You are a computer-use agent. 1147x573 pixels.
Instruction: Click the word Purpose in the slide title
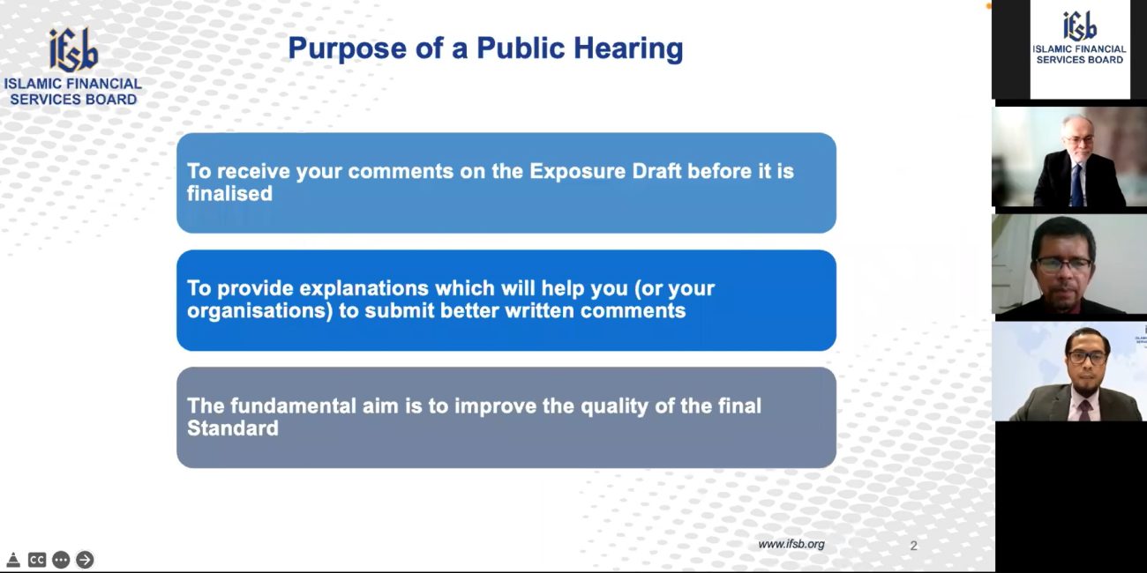click(x=348, y=49)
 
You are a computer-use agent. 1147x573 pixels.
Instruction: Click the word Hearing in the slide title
click(x=628, y=49)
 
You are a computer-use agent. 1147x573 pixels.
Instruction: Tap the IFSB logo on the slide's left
click(x=73, y=50)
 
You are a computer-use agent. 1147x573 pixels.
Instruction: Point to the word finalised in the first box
click(x=229, y=194)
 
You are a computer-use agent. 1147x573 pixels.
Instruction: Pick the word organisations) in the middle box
click(x=260, y=311)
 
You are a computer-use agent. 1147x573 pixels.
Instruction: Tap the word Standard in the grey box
click(x=233, y=428)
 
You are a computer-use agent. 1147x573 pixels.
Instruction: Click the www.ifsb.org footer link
click(x=791, y=545)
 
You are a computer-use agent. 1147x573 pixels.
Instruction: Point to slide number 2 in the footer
click(x=913, y=546)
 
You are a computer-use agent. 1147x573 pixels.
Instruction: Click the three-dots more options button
click(x=61, y=560)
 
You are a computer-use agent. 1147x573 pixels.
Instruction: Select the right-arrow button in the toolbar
click(x=85, y=560)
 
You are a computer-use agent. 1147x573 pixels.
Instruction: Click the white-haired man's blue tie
click(x=1077, y=185)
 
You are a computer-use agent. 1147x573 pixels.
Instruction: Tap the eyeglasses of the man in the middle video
click(x=1064, y=265)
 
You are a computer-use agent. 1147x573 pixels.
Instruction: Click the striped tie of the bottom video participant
click(x=1084, y=410)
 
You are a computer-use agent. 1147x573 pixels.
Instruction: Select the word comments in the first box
click(x=401, y=171)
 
